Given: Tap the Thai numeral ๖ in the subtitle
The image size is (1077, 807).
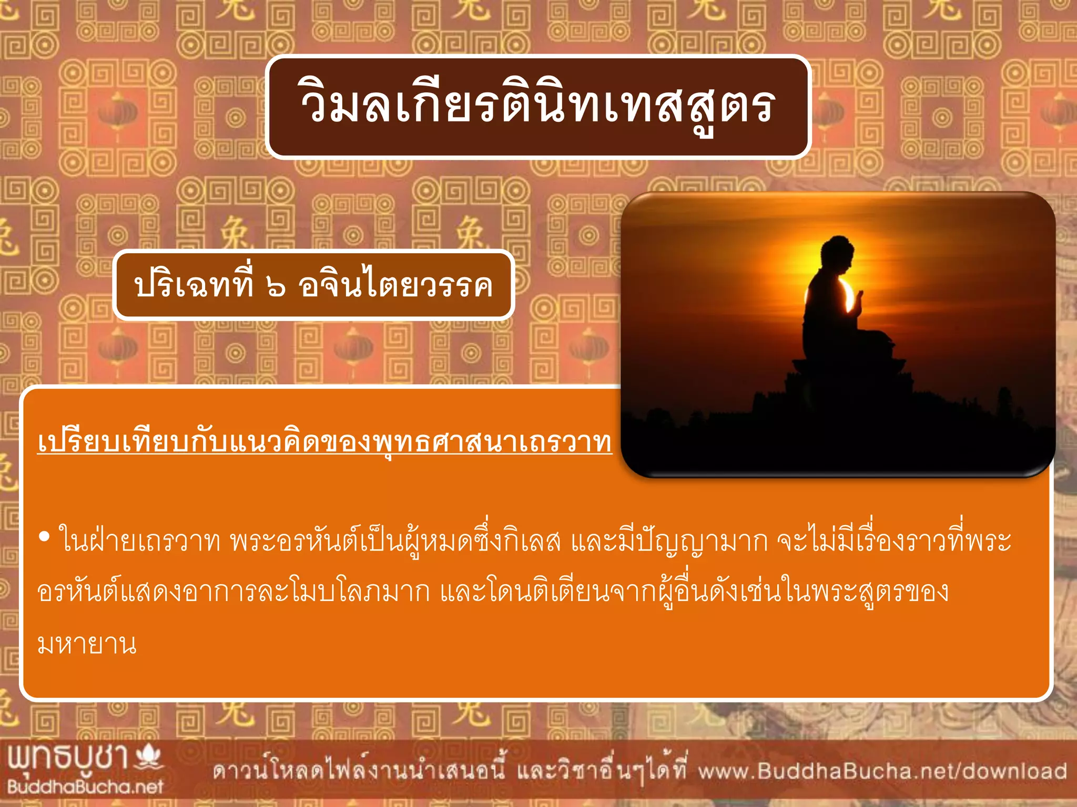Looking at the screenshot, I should coord(276,287).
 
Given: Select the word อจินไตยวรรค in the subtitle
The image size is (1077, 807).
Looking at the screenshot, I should coord(395,286).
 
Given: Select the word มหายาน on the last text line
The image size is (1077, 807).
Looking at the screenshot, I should coord(87,644).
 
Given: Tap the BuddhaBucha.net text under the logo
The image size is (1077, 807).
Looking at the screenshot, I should coord(85,787).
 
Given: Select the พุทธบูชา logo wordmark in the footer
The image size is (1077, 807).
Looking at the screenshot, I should coord(68,758).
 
